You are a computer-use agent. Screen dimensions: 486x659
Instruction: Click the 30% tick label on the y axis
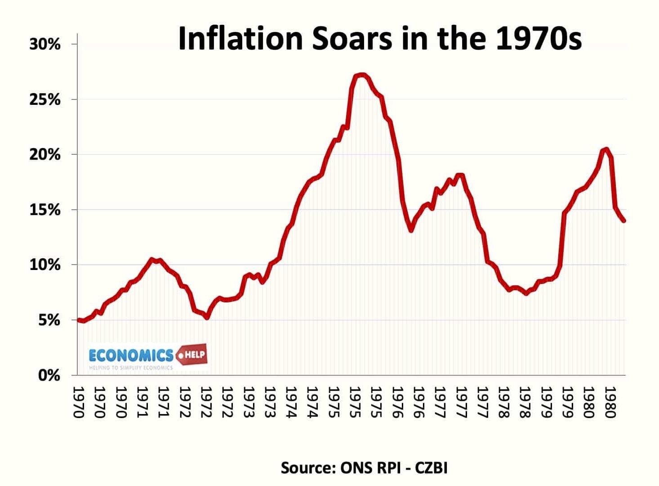tap(45, 44)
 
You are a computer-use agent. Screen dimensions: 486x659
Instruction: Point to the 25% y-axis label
tap(45, 99)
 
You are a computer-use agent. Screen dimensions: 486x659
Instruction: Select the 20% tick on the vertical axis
tap(45, 155)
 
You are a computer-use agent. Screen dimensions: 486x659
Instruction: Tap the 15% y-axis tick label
tap(45, 210)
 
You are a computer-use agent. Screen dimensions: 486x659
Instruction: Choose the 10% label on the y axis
tap(45, 265)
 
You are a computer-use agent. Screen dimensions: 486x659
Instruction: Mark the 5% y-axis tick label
tap(49, 320)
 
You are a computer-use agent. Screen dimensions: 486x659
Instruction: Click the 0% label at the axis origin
tap(49, 375)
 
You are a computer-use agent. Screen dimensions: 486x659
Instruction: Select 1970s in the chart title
tap(539, 38)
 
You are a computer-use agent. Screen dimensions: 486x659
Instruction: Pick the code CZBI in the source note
tap(431, 468)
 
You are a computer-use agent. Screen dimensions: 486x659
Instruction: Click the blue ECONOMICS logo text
tap(131, 355)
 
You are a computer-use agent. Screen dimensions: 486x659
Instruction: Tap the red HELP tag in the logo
tap(192, 355)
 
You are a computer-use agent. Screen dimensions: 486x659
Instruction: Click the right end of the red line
tap(624, 220)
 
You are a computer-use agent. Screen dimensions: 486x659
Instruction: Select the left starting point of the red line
tap(79, 320)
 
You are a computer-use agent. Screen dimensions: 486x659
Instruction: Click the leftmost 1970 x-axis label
tap(78, 402)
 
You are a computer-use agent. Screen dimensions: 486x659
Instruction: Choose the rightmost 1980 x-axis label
tap(610, 402)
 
